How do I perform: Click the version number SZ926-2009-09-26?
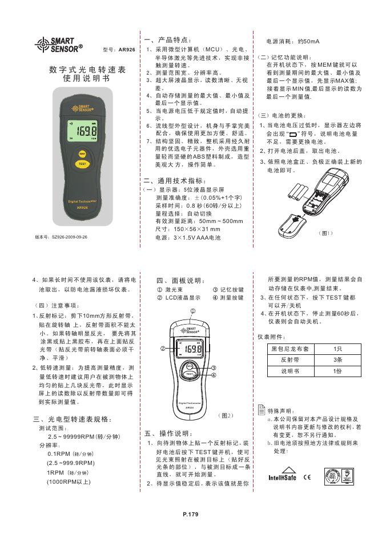click(x=61, y=236)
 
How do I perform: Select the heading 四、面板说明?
click(x=179, y=281)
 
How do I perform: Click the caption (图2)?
click(x=226, y=415)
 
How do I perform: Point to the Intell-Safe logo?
click(x=283, y=477)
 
